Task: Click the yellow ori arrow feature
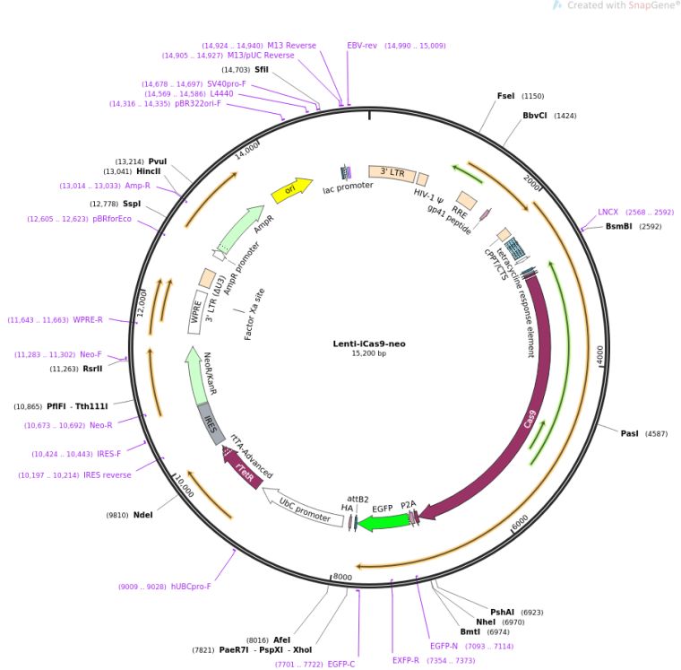291,189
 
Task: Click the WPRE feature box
196,311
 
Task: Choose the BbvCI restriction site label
536,116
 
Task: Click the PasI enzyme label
630,434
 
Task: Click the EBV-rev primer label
362,45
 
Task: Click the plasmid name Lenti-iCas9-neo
368,344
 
